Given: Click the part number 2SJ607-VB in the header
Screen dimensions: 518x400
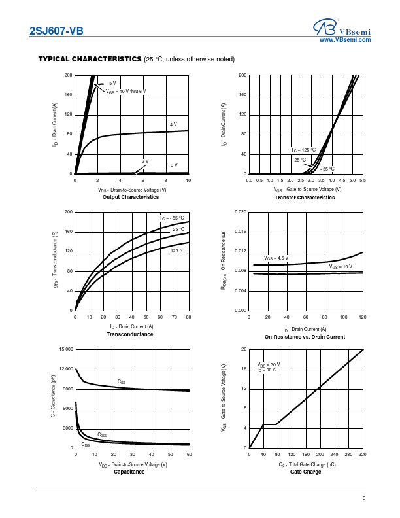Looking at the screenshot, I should [56, 31].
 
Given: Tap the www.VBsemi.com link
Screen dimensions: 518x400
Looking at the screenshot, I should [345, 40].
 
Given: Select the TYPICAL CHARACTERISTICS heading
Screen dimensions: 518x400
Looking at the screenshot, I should [90, 60].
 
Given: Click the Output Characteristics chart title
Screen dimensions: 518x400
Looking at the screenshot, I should [131, 197].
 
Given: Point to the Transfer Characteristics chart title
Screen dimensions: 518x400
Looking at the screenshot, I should [305, 198].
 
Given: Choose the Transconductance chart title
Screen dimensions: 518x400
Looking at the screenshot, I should [130, 334].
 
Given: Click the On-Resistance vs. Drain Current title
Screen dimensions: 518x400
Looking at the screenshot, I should [305, 337].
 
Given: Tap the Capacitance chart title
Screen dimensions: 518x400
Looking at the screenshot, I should [129, 472].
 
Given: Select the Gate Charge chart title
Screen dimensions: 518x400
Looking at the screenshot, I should [306, 472].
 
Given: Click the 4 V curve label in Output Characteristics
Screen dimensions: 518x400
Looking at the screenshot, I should [173, 124].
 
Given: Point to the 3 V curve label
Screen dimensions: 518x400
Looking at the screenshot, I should [174, 165].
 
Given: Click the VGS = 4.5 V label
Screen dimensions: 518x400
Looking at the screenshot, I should [276, 258].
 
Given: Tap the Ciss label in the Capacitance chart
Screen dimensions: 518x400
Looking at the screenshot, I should [122, 381].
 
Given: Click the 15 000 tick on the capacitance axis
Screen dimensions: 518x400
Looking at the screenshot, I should [64, 349].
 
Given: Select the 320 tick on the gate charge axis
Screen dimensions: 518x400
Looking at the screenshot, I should [363, 454].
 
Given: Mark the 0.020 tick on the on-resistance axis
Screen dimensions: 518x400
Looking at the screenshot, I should [239, 212].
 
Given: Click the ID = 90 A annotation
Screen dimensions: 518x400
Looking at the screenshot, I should [267, 370].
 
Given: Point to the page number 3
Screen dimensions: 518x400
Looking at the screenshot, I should [363, 499].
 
